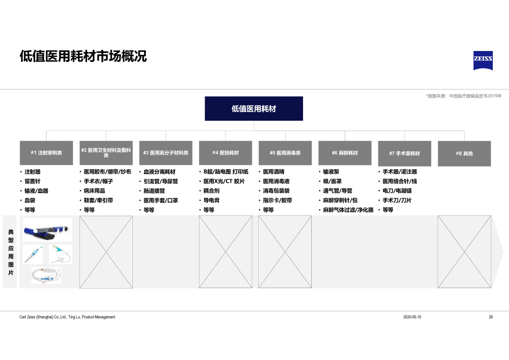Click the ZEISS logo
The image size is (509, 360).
[483, 61]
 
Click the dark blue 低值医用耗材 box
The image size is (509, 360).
[254, 109]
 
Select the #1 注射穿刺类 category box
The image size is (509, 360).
[47, 153]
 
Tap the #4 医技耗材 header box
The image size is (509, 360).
[226, 153]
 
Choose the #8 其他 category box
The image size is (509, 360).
[464, 153]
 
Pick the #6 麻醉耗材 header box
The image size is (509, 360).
[345, 153]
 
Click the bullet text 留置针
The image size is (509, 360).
[33, 181]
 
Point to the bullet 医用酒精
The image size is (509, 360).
[273, 172]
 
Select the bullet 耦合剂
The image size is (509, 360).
[211, 191]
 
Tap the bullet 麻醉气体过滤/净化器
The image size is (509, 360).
[348, 210]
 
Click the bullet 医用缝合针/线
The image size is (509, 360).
[400, 181]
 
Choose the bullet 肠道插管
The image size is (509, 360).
[154, 191]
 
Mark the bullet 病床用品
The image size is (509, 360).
[94, 191]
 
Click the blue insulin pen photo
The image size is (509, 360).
[47, 230]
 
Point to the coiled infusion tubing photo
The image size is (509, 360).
[46, 275]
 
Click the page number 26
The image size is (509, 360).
[491, 317]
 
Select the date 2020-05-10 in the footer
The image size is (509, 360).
[412, 317]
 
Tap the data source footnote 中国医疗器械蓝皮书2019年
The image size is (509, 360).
[475, 96]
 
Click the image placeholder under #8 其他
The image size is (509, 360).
[464, 252]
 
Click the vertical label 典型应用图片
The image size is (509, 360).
[11, 252]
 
